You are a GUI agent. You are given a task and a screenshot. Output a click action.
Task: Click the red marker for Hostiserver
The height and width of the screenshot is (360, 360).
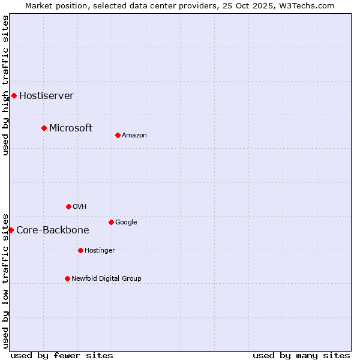(x=14, y=95)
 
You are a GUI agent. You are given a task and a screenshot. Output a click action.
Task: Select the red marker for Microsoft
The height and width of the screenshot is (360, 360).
(x=44, y=128)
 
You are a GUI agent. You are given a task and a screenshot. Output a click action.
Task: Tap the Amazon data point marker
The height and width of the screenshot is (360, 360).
(x=118, y=135)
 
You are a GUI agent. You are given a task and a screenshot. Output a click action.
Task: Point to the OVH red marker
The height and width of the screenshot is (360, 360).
(x=68, y=206)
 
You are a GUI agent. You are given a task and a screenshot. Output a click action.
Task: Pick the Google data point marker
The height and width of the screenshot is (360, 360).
(x=111, y=222)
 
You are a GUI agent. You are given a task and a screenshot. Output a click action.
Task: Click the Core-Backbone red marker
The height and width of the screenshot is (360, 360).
(x=11, y=230)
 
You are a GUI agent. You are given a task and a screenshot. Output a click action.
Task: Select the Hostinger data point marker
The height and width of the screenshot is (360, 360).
(x=80, y=250)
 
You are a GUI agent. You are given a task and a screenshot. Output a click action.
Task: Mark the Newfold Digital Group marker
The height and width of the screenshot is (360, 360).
(x=67, y=278)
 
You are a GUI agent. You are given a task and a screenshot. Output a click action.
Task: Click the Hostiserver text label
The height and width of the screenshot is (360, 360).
(x=46, y=95)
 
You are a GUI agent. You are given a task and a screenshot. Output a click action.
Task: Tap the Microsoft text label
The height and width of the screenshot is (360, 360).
(x=71, y=128)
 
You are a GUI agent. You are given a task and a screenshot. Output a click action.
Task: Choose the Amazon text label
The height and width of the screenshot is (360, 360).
(x=134, y=135)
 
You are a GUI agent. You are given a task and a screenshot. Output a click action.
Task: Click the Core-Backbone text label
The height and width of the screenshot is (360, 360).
(x=52, y=230)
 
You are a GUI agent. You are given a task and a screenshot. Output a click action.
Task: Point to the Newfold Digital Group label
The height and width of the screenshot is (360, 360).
(x=106, y=278)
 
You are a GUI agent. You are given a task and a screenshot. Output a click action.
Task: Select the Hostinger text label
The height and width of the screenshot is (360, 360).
(x=100, y=250)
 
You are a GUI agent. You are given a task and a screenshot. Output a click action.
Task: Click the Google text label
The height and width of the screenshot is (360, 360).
(x=126, y=222)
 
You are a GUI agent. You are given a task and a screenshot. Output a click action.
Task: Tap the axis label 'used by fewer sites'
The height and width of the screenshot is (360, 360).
(x=62, y=355)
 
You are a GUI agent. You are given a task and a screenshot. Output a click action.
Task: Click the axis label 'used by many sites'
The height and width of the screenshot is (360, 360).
(x=301, y=355)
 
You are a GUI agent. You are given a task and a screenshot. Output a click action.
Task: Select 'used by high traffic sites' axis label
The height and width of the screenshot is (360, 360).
(x=5, y=85)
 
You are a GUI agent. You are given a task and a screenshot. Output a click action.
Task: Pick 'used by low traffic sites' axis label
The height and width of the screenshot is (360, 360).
(x=5, y=280)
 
